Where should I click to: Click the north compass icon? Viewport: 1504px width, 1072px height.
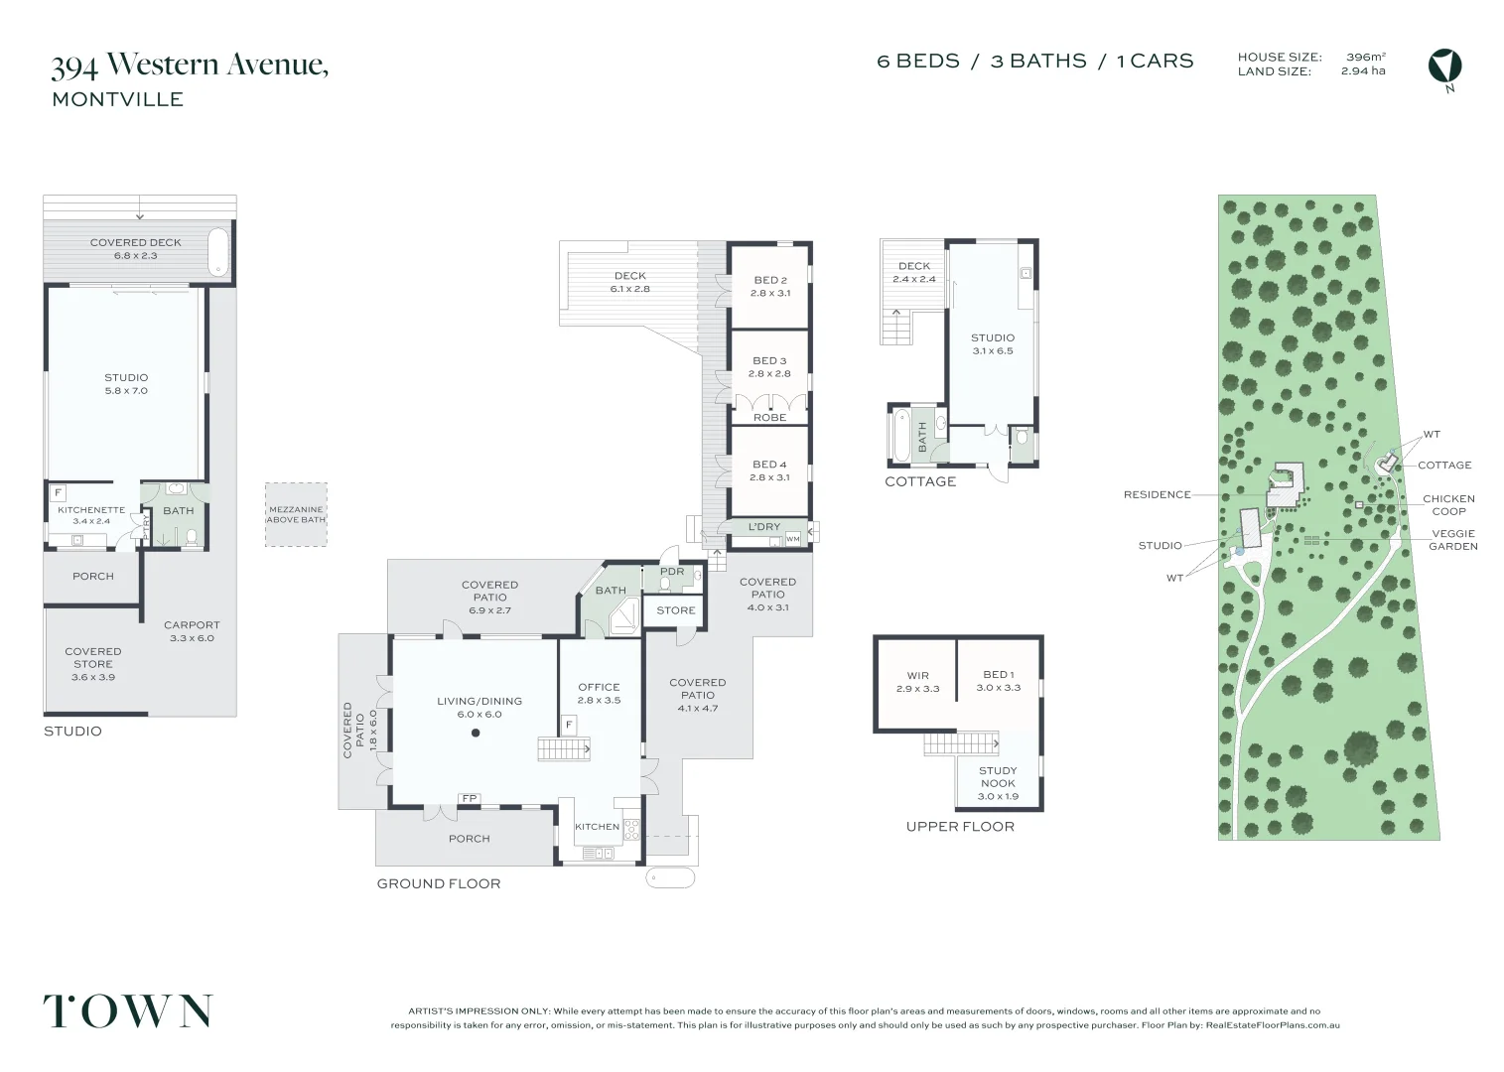click(1444, 67)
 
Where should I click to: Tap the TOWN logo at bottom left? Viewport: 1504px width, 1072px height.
click(127, 1010)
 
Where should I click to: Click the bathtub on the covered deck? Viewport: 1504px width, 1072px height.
click(218, 251)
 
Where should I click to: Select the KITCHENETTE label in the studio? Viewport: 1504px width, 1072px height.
click(91, 510)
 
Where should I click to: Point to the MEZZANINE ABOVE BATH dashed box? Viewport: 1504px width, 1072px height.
click(296, 514)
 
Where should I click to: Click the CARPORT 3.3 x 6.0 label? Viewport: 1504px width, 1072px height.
click(192, 631)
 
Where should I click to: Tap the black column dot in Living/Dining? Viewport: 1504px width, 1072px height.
click(476, 733)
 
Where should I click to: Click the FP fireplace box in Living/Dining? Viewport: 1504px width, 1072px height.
click(469, 797)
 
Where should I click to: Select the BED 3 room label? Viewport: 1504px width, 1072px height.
click(769, 361)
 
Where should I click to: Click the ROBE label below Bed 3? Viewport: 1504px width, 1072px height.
click(769, 417)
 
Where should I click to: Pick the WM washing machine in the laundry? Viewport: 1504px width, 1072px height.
click(792, 538)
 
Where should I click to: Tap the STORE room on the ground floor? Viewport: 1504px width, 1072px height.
click(675, 610)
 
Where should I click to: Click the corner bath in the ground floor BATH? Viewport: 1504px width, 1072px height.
click(623, 615)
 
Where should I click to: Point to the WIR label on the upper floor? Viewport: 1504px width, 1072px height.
click(917, 676)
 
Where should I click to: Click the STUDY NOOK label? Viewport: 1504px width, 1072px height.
click(998, 776)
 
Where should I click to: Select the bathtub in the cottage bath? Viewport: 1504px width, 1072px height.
click(901, 435)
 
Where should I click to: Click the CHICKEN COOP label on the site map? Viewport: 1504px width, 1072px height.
click(1448, 504)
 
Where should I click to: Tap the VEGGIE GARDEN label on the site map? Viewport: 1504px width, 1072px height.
click(1452, 540)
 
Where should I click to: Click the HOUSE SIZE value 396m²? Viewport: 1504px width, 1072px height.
click(1365, 58)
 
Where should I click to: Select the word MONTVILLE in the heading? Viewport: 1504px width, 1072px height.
click(117, 99)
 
